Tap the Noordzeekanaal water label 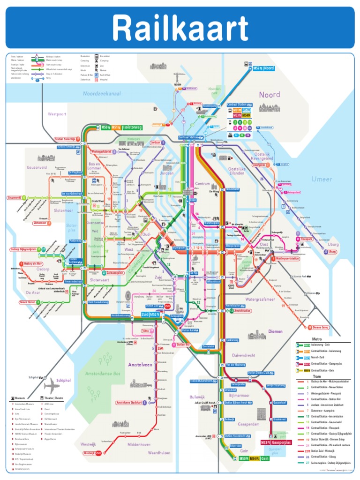102,94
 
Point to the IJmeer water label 321,179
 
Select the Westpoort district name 57,114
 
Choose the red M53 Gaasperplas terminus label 276,442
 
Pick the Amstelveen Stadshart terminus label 128,403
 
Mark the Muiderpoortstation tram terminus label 287,258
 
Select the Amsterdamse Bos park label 103,374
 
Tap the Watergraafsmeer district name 262,299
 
